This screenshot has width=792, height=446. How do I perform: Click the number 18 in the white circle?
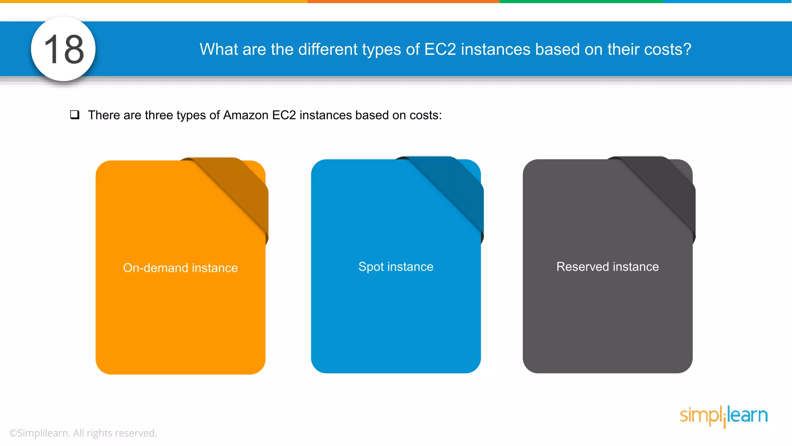[64, 49]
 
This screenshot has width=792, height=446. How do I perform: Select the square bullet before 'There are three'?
[75, 115]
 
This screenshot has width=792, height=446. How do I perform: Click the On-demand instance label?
[180, 268]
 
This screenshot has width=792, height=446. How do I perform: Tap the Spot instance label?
[396, 267]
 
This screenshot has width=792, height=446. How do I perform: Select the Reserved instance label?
[608, 267]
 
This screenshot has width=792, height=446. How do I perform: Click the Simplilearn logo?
[724, 416]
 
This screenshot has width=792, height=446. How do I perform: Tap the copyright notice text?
[83, 433]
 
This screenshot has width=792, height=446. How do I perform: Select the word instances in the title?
[495, 50]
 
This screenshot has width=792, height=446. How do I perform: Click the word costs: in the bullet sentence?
[425, 115]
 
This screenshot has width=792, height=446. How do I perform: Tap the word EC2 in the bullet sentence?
[284, 115]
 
